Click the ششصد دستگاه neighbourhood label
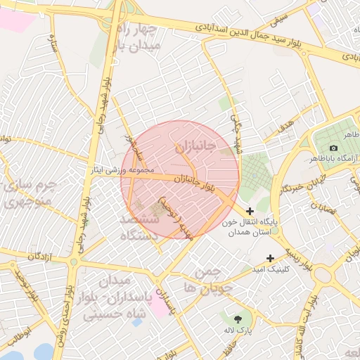coord(139,229)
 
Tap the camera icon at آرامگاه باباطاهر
coord(333,148)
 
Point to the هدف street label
coord(286,127)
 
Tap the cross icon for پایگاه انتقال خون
coord(251,211)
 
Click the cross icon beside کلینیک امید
coord(269,259)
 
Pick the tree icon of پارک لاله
coord(247,317)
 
